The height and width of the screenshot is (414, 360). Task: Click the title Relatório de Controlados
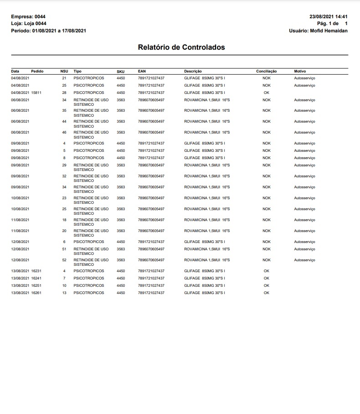click(181, 47)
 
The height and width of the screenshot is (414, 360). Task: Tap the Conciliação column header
click(267, 72)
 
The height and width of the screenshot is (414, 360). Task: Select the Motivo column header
click(300, 72)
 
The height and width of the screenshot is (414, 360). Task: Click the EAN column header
click(142, 72)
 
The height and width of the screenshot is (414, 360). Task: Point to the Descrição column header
click(193, 72)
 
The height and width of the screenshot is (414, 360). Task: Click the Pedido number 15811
click(36, 93)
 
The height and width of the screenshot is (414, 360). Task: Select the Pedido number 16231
click(36, 271)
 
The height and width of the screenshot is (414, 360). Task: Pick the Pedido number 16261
click(36, 293)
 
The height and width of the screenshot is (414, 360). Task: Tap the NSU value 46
click(64, 132)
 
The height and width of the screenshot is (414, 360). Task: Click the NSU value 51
click(64, 249)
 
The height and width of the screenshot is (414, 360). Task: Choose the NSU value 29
click(64, 165)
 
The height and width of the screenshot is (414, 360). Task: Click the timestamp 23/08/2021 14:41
click(328, 17)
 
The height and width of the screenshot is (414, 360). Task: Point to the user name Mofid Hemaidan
click(329, 31)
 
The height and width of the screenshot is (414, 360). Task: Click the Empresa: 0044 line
click(28, 17)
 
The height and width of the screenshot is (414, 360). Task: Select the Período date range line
click(48, 31)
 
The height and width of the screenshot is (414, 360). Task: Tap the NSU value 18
click(64, 220)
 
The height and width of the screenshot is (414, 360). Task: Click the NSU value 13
click(64, 293)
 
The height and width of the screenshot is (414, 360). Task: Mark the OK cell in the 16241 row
click(267, 278)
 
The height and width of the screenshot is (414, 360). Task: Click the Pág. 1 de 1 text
click(332, 24)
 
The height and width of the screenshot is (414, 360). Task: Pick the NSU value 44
click(64, 121)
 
